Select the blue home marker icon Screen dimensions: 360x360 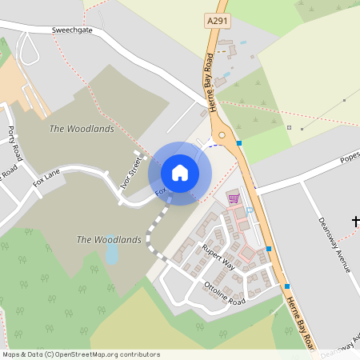coord(180,173)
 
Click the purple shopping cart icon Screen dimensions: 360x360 coord(234,198)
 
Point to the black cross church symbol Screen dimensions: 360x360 coord(356,221)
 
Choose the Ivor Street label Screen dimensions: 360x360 coord(130,170)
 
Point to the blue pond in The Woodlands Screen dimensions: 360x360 coord(112,254)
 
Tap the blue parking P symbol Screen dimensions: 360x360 coord(250,210)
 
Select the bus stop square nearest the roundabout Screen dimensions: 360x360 coord(238,142)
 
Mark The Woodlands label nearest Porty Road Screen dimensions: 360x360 coord(81,128)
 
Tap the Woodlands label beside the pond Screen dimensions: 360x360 coord(108,239)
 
